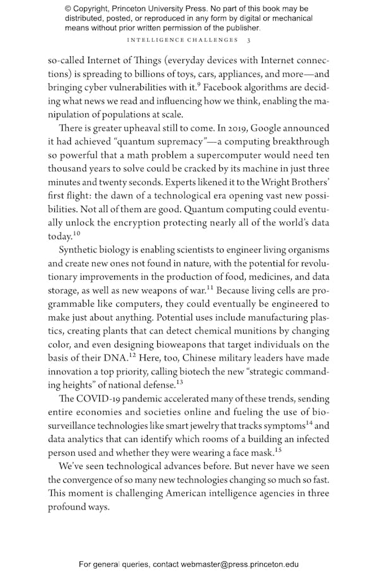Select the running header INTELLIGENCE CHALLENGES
181,40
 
